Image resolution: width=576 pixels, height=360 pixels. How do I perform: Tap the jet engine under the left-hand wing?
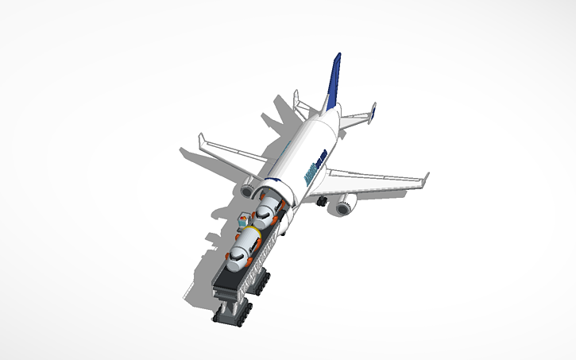[247, 191]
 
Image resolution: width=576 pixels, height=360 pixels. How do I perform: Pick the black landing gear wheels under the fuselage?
[322, 204]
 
